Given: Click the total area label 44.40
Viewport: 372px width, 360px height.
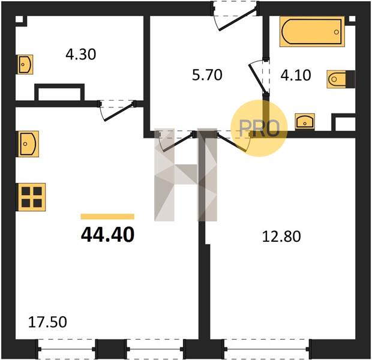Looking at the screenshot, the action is tap(108, 235).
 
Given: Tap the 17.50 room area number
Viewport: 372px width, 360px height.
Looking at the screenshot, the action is tap(47, 322).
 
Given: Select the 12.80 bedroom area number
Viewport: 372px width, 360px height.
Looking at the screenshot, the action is tap(281, 236).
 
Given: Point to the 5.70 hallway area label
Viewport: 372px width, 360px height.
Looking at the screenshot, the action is tap(207, 75).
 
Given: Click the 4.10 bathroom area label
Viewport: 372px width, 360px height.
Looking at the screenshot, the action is tap(296, 75).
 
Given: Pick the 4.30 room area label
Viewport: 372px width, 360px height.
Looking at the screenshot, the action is tap(81, 54).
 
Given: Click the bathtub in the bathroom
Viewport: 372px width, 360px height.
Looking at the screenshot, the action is tap(312, 32).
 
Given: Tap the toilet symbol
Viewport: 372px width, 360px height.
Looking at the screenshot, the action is tap(341, 79).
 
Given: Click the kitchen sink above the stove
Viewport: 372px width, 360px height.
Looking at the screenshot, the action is tap(28, 144).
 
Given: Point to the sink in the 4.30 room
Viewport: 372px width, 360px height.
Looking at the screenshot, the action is tap(25, 64).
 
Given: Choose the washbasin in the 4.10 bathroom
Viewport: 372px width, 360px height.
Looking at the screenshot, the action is tap(305, 122).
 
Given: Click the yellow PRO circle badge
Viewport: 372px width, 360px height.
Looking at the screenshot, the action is tap(259, 128).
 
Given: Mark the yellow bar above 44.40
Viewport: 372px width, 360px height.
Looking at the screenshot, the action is tap(107, 217).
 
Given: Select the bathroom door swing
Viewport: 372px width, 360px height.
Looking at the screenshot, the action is tap(257, 76).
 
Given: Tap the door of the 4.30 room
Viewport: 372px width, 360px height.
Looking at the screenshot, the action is tap(117, 111).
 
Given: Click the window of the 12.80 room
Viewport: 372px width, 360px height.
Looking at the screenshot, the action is tap(267, 349).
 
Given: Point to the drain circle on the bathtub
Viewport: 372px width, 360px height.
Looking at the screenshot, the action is tap(337, 32).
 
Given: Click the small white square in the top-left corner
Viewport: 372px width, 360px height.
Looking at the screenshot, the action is tap(19, 19).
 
